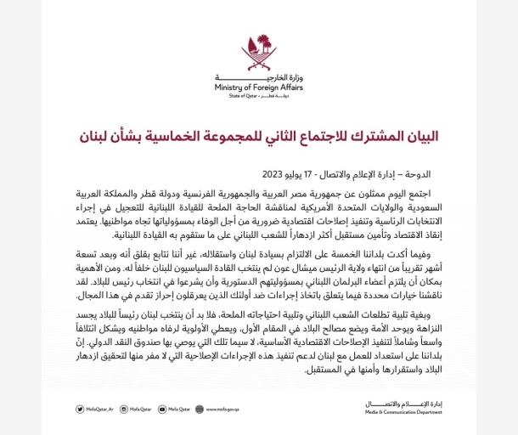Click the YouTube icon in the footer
tap(161, 409)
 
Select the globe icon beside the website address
tap(200, 409)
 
